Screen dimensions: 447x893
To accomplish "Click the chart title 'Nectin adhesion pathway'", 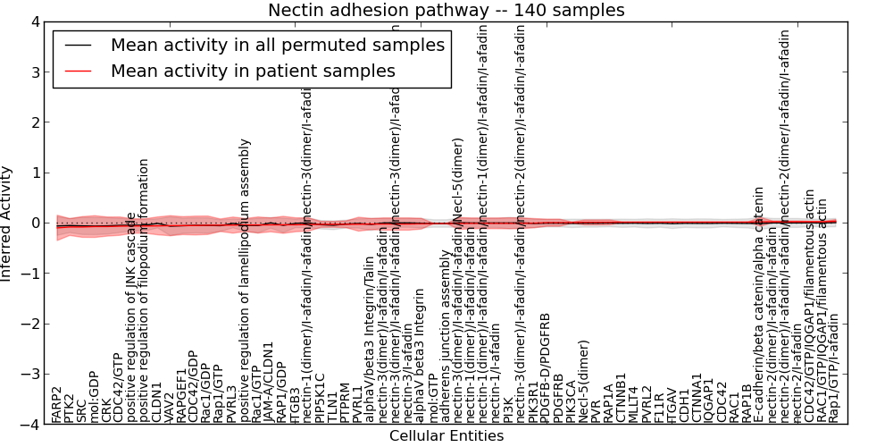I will point(446,10).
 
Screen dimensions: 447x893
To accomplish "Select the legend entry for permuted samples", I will point(277,45).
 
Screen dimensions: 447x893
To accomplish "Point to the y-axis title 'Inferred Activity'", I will point(7,223).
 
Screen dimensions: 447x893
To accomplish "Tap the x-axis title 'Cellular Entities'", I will point(446,436).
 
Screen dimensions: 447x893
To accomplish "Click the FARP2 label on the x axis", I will point(57,404).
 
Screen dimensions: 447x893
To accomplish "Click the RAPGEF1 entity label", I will point(182,396).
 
